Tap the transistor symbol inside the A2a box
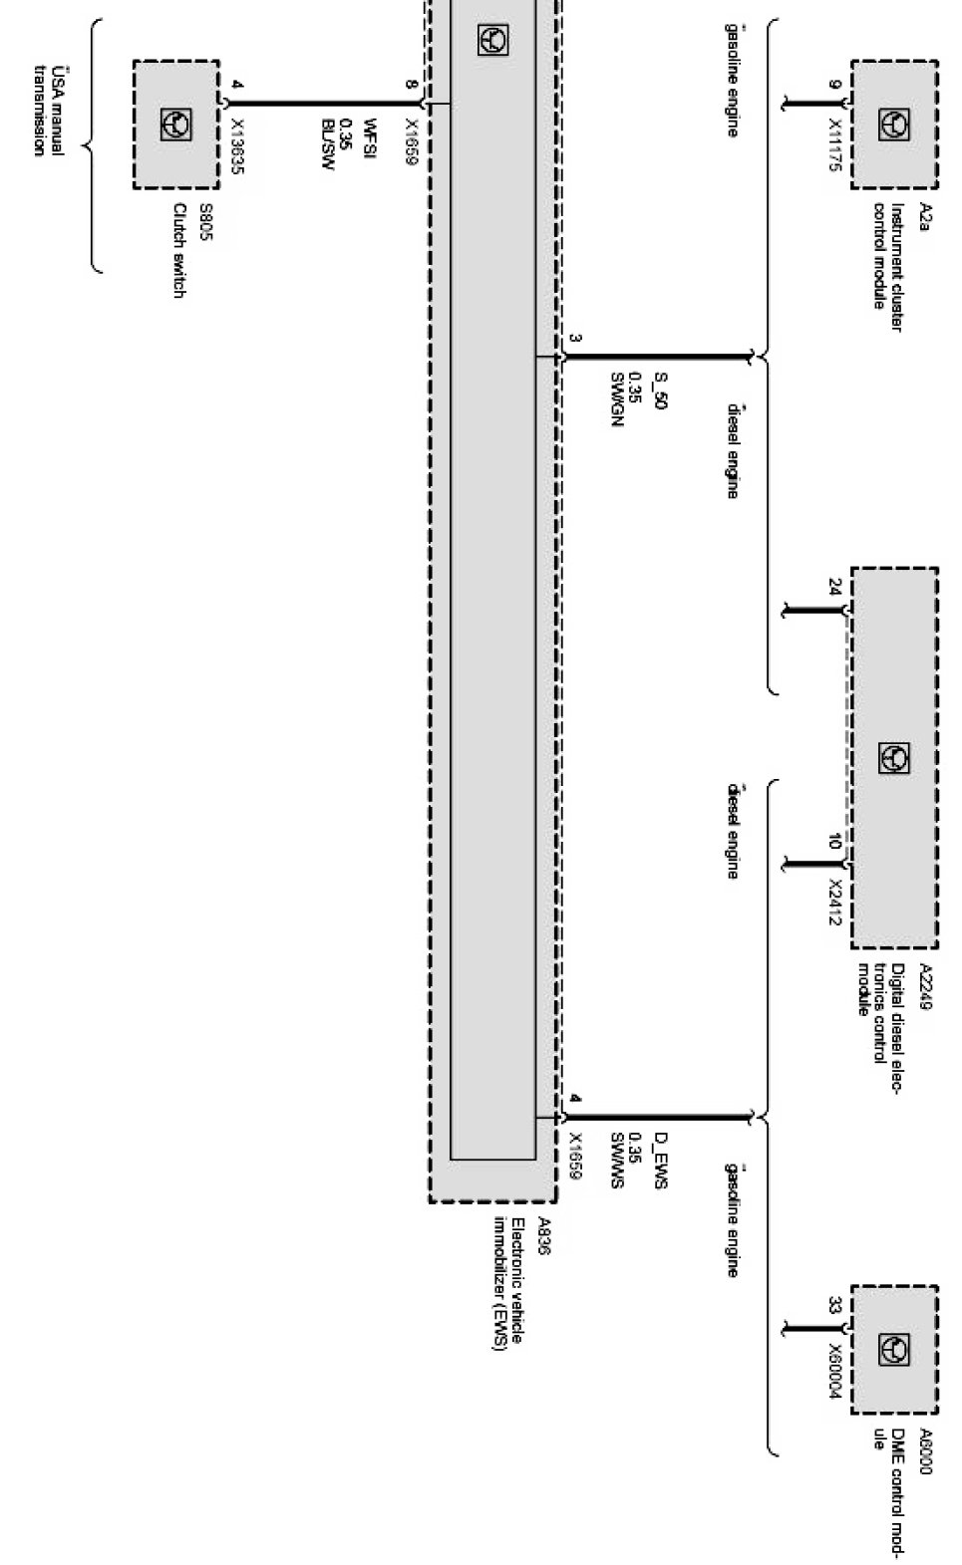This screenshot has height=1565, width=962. (893, 125)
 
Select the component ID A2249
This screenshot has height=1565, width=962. (924, 987)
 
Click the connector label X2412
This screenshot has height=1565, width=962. (835, 903)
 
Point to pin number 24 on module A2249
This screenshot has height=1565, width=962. (834, 587)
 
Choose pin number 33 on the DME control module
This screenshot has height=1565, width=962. (834, 1305)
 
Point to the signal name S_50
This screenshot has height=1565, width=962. (660, 390)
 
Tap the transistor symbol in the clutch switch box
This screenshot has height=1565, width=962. (175, 124)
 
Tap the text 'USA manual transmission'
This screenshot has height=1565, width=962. (48, 111)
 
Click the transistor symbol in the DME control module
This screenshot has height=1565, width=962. (893, 1350)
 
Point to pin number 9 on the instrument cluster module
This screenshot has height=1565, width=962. (834, 85)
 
